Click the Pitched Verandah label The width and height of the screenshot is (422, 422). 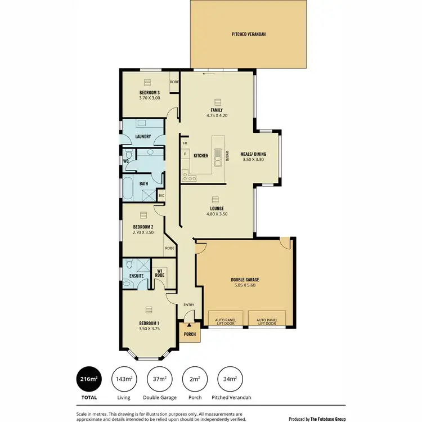pyautogui.click(x=248, y=34)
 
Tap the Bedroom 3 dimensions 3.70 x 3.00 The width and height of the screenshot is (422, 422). pyautogui.click(x=150, y=98)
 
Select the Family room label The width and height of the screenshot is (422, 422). pyautogui.click(x=217, y=110)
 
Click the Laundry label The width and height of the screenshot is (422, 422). pyautogui.click(x=143, y=136)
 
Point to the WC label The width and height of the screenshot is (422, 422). pyautogui.click(x=127, y=161)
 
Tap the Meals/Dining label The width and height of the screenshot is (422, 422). pyautogui.click(x=253, y=154)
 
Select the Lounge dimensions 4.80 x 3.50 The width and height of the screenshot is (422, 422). pyautogui.click(x=217, y=214)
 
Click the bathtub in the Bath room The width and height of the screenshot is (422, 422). pyautogui.click(x=128, y=188)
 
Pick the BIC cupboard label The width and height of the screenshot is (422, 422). pyautogui.click(x=161, y=195)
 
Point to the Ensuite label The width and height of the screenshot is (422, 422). pyautogui.click(x=137, y=276)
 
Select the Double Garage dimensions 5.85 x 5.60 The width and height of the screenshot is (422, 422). pyautogui.click(x=244, y=285)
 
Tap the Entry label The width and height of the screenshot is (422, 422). pyautogui.click(x=188, y=305)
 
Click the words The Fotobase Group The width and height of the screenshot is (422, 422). pyautogui.click(x=327, y=419)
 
